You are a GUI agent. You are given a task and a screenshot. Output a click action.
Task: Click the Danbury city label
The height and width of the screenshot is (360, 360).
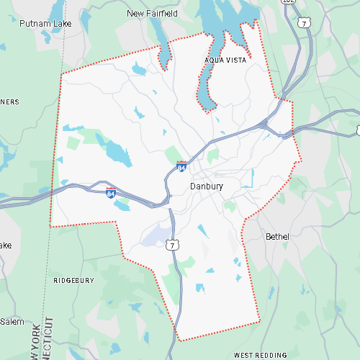(207, 186)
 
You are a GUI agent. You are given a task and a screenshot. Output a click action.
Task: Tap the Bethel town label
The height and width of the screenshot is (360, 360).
(277, 236)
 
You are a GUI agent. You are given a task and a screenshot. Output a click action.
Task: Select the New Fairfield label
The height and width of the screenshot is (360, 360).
(153, 13)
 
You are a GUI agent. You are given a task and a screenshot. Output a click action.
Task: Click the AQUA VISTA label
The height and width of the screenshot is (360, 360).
(225, 60)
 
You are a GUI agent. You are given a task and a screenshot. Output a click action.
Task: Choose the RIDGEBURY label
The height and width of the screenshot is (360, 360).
(73, 279)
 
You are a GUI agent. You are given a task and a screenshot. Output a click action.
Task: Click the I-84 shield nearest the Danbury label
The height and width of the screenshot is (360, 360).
(182, 167)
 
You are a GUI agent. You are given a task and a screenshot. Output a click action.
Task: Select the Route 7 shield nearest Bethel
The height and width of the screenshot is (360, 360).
(172, 246)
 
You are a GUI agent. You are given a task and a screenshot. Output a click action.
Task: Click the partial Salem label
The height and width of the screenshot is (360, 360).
(12, 320)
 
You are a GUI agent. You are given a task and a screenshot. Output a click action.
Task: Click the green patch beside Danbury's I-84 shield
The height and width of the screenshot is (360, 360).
(174, 155)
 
